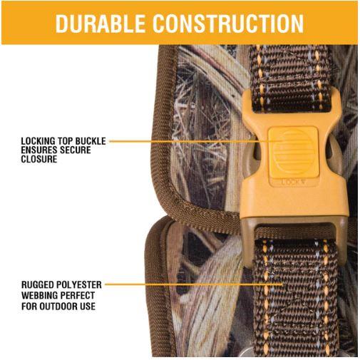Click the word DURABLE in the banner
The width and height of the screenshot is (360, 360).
pos(101,23)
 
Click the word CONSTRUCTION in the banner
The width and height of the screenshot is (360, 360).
pos(228,23)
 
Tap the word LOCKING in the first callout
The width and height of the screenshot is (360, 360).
pos(38,141)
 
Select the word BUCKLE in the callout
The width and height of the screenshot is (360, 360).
pos(91,141)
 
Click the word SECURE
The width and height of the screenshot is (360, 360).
pos(76,150)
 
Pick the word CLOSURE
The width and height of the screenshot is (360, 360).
pos(39,159)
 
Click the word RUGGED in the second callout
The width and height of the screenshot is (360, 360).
pos(38,284)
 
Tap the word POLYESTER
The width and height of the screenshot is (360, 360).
pos(79,284)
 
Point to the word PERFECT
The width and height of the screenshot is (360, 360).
pos(78,295)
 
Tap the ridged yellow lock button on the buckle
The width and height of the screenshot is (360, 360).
pos(294,152)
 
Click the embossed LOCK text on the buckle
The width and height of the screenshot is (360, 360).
pos(293,182)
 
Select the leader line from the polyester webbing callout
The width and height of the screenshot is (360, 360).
pos(194,284)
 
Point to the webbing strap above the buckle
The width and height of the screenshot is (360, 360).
pos(290,78)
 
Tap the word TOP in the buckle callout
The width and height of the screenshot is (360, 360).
pos(65,141)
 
